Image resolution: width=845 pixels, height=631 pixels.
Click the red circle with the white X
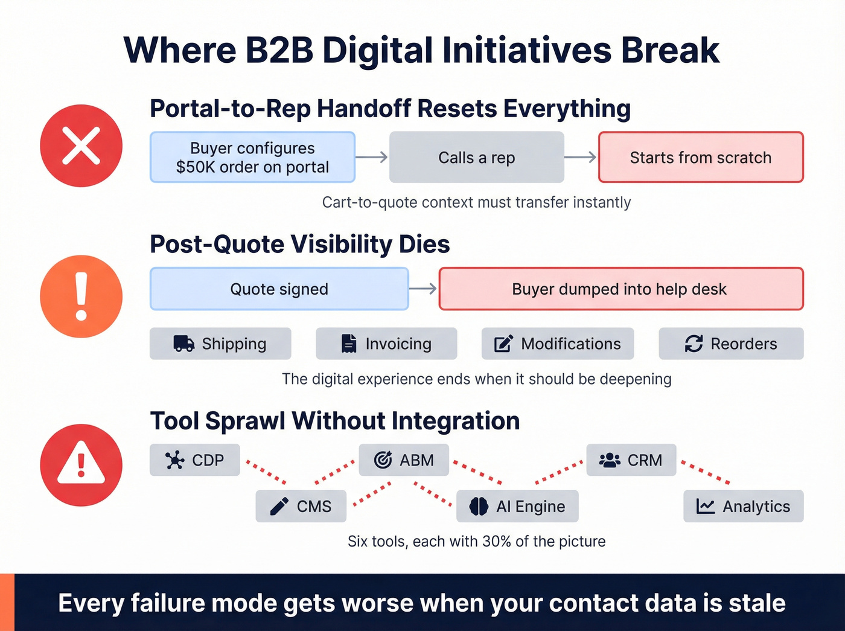point(81,146)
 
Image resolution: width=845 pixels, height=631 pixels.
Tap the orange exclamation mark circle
point(81,296)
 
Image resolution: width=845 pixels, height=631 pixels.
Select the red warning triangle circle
point(81,465)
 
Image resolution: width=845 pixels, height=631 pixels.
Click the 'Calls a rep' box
point(476,158)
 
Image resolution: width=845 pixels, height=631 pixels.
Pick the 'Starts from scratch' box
point(700,158)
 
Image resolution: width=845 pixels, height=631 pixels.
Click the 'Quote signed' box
point(279,289)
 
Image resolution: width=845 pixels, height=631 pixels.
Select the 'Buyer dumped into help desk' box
point(620,289)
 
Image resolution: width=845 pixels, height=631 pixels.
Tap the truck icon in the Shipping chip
point(183,344)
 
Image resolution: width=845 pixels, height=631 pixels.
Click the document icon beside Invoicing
point(349,344)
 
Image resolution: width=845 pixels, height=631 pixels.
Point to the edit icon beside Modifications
point(503,344)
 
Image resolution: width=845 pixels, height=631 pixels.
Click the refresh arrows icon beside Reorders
point(694,344)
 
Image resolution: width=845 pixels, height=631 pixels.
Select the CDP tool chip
point(195,460)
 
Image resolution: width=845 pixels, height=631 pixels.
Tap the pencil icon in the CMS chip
point(279,506)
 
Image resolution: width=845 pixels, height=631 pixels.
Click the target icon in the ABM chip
point(383,460)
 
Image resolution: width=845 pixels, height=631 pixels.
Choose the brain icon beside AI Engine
point(479,506)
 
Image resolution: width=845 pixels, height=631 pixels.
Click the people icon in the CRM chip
point(610,460)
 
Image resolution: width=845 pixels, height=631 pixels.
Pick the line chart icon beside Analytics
point(705,506)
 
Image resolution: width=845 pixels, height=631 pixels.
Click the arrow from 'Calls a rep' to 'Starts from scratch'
point(581,158)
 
